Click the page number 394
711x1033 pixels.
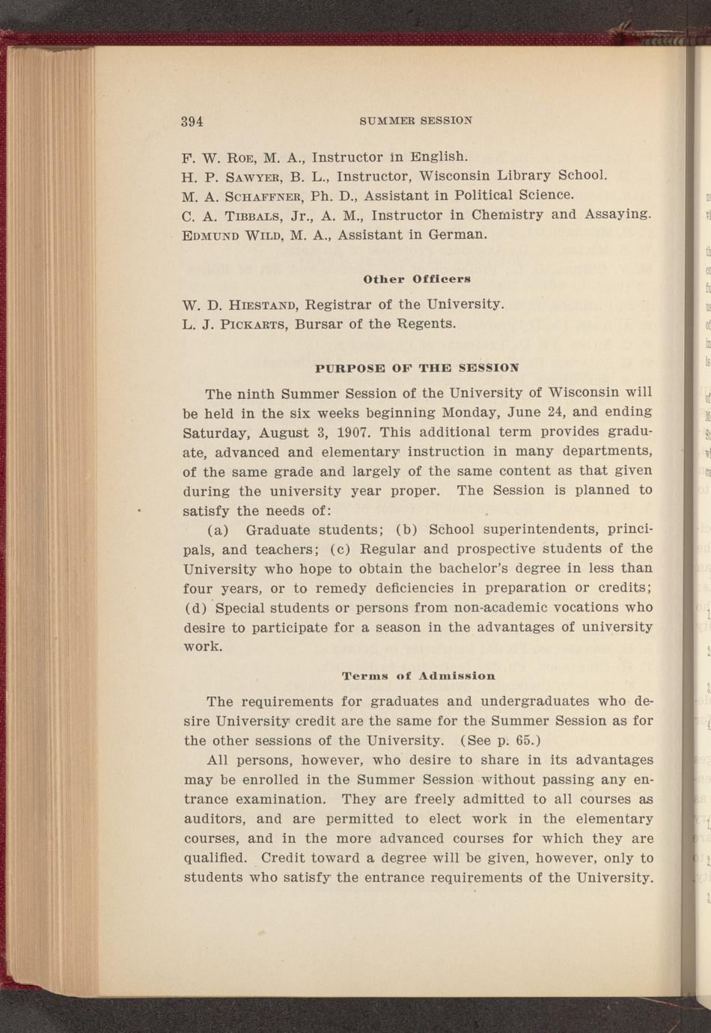pos(192,121)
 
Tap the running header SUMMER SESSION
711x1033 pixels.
pos(415,121)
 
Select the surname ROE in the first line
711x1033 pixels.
pos(242,157)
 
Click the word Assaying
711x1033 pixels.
pos(617,215)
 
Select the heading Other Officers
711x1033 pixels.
pos(416,279)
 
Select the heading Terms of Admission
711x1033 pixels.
pos(418,676)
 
